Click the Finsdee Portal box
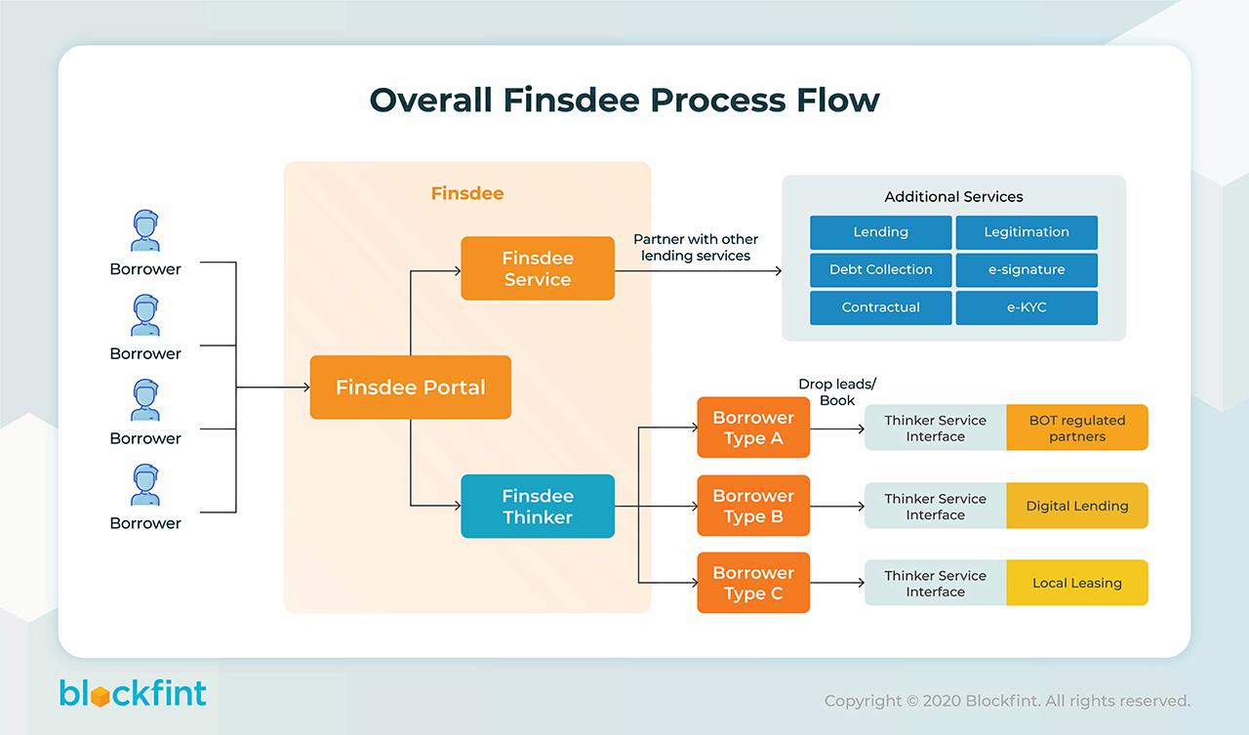pyautogui.click(x=410, y=388)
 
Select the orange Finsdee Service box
pyautogui.click(x=538, y=268)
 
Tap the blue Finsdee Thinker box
pyautogui.click(x=538, y=507)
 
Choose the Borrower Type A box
pyautogui.click(x=753, y=428)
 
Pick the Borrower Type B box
pyautogui.click(x=753, y=506)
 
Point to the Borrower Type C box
pyautogui.click(x=753, y=583)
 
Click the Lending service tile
pyautogui.click(x=880, y=232)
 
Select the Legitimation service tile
pyautogui.click(x=1027, y=232)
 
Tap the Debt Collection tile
pyautogui.click(x=880, y=269)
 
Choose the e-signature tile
pyautogui.click(x=1027, y=269)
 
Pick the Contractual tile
pyautogui.click(x=880, y=307)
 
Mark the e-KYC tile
pyautogui.click(x=1027, y=307)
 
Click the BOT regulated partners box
pyautogui.click(x=1077, y=428)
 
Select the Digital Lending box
pyautogui.click(x=1077, y=506)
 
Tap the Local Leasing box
pyautogui.click(x=1077, y=583)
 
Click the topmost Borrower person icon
pyautogui.click(x=145, y=231)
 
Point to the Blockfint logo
pyautogui.click(x=133, y=693)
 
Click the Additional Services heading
pyautogui.click(x=953, y=197)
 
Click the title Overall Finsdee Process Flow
pyautogui.click(x=624, y=100)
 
